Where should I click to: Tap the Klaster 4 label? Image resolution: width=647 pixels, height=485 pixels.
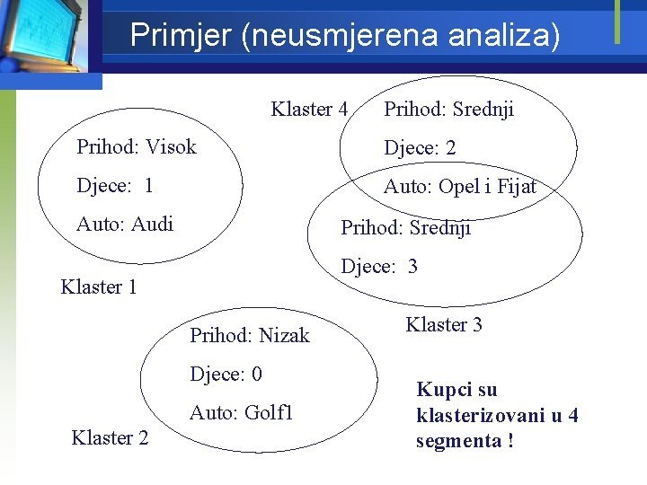(x=309, y=110)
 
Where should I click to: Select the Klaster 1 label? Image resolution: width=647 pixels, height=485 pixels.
(x=98, y=287)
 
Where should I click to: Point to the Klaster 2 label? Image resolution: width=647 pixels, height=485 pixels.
(x=110, y=438)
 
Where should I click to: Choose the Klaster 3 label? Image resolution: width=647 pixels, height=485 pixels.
(x=444, y=325)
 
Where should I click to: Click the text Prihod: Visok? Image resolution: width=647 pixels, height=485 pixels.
(x=137, y=146)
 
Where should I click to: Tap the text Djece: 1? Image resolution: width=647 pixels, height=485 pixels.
(x=115, y=186)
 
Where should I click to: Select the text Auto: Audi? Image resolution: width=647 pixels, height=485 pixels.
(x=125, y=224)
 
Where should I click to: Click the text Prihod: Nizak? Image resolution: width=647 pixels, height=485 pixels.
(x=249, y=336)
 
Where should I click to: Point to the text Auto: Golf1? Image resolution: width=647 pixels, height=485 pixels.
(x=241, y=413)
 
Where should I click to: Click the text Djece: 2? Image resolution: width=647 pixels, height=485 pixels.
(x=420, y=148)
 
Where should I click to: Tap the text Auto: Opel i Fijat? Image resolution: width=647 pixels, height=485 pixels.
(x=459, y=187)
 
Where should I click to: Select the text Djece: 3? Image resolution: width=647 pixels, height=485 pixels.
(x=379, y=267)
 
